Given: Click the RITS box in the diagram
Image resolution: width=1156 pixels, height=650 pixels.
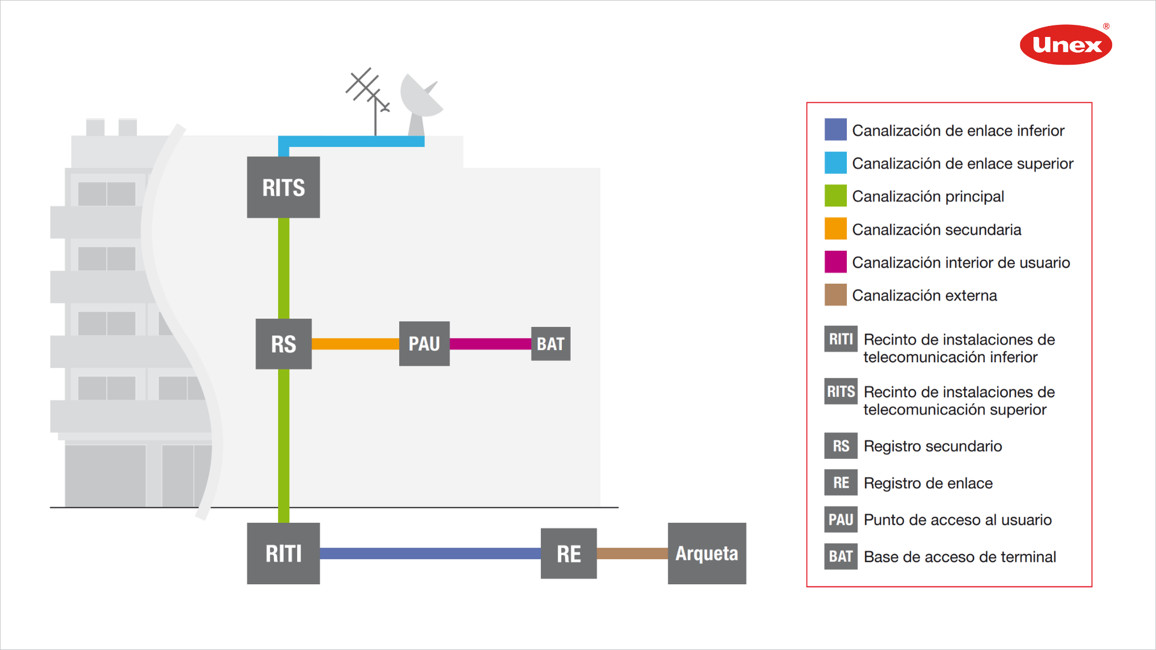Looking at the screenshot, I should coord(283,187).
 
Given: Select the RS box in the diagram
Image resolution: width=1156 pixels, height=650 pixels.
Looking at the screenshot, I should coord(283,344).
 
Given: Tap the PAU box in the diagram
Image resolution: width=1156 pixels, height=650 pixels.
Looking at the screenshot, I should coord(424,344).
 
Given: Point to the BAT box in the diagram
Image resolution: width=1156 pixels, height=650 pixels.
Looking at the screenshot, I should coord(550,344).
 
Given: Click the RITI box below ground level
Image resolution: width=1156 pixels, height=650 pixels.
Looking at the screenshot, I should coord(283,554).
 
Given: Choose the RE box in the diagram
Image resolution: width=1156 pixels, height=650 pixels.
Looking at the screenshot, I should coord(569,554).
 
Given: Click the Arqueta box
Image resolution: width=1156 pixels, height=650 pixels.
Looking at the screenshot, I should coord(707,554).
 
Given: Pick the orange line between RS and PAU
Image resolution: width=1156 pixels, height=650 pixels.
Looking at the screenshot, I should coord(355,344).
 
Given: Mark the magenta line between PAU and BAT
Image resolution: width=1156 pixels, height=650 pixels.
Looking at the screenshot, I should coord(490,344).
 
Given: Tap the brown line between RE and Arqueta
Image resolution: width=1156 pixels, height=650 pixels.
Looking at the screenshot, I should coord(632,554).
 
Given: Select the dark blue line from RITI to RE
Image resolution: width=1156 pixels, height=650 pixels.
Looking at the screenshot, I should coord(430,554).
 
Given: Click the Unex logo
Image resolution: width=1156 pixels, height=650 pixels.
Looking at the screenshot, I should coord(1066,44).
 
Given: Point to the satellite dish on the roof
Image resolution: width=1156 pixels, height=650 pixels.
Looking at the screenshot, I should coord(421,98).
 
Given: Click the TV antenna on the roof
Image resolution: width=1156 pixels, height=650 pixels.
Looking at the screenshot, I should coord(369,92).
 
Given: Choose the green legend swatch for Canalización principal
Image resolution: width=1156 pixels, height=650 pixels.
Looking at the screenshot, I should coord(835,196).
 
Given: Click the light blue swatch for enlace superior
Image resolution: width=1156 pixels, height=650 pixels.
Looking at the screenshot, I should coord(835,163).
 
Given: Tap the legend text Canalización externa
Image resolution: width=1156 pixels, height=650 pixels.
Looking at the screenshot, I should coord(924,295).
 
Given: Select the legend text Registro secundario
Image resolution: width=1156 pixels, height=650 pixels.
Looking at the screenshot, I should coord(932,446).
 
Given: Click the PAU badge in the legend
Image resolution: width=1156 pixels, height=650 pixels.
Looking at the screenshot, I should coord(840,519).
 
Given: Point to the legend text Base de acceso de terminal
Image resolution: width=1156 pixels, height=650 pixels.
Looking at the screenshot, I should coord(959,556).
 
